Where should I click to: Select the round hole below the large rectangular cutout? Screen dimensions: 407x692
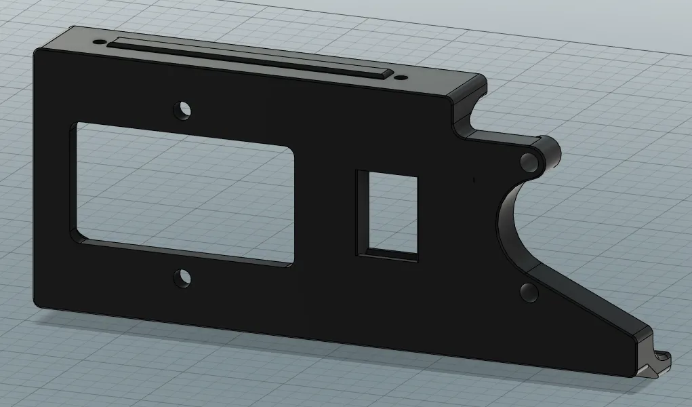(x=182, y=277)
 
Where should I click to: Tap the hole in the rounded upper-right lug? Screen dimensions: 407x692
(x=529, y=161)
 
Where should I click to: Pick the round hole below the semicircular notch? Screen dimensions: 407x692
(x=529, y=292)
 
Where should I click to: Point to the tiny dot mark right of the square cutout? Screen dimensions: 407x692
(x=474, y=180)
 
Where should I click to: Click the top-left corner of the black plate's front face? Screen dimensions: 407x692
(x=35, y=52)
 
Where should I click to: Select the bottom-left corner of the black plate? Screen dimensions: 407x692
(x=35, y=304)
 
